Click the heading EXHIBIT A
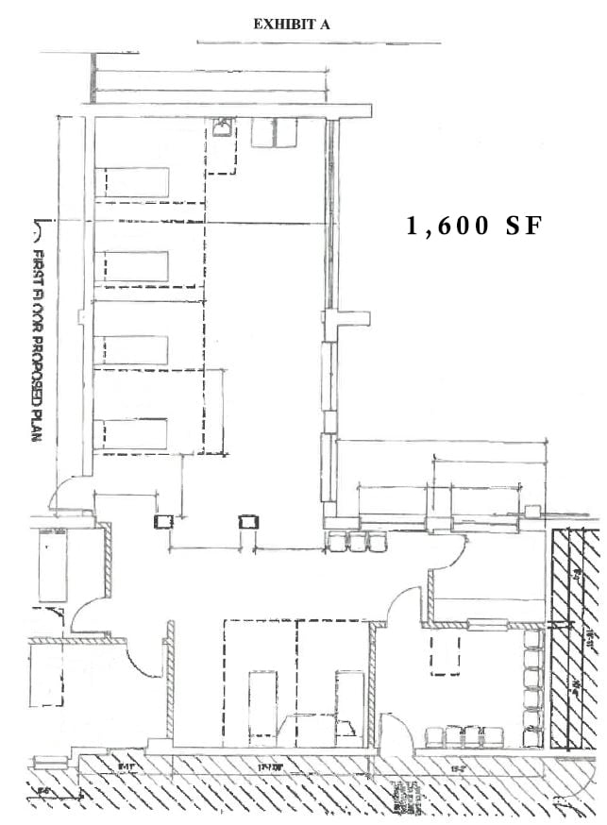tap(291, 25)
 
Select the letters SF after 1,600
tap(524, 227)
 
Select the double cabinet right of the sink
tap(274, 132)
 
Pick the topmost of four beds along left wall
tap(136, 181)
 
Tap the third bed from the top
tap(136, 349)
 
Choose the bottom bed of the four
tap(136, 433)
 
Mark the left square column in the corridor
tap(163, 522)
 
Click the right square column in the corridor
tap(248, 522)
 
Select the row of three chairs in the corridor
tap(351, 541)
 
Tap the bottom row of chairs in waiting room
tap(463, 735)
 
